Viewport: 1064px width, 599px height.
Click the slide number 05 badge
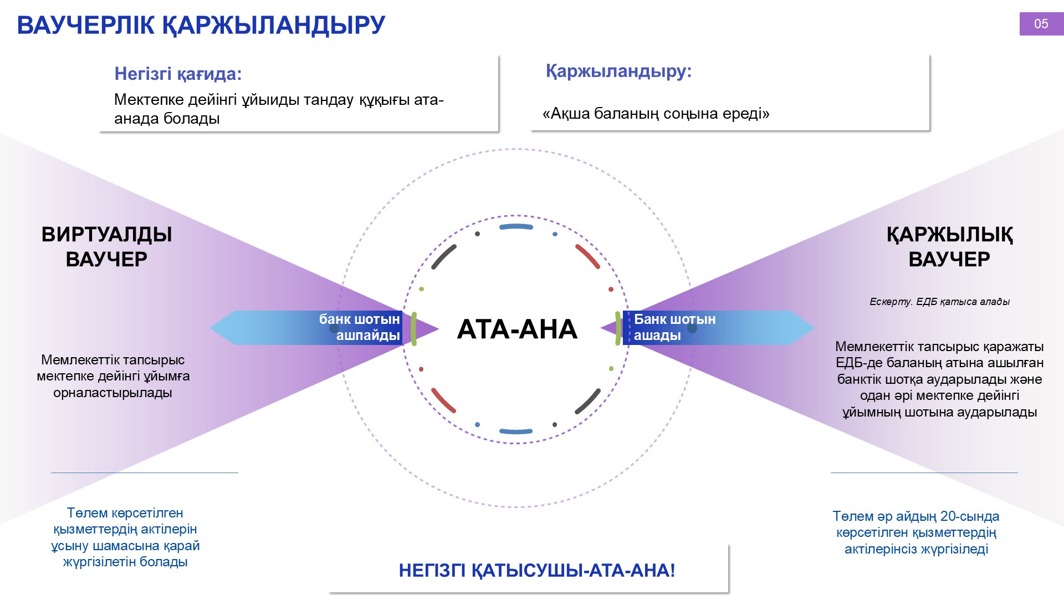point(1041,24)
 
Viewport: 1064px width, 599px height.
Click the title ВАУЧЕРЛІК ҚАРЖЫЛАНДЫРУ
point(201,25)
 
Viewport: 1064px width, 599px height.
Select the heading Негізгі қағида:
point(178,74)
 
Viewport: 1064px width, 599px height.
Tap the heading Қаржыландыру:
point(618,71)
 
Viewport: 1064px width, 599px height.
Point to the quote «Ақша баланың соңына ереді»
point(656,114)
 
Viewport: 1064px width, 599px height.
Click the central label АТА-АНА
point(517,329)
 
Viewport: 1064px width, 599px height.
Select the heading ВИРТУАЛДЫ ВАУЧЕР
point(106,247)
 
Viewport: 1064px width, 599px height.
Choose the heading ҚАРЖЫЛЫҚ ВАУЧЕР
point(949,247)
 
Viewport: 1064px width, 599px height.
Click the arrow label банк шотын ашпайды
point(359,327)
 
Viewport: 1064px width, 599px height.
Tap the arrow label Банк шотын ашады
point(674,327)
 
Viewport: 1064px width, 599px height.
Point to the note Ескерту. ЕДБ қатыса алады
point(939,302)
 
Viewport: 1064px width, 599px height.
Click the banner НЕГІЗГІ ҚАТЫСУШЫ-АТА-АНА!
point(537,570)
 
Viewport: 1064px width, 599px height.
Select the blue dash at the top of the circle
point(516,226)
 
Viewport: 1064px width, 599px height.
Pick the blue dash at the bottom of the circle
point(516,431)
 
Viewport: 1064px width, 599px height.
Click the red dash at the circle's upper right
point(588,256)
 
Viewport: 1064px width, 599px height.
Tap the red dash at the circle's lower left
point(443,400)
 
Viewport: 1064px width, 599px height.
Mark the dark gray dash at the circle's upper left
point(444,257)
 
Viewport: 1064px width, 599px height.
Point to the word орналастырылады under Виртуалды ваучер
point(112,393)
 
